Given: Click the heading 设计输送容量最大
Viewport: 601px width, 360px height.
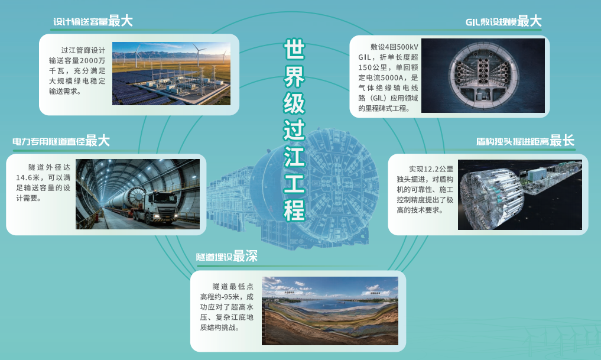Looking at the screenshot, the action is click(x=93, y=21).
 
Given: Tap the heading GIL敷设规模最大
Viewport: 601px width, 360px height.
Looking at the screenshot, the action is click(x=503, y=21).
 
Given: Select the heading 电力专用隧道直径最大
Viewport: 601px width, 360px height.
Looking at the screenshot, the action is click(x=61, y=141).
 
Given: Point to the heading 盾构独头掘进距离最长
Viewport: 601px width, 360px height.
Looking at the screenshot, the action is click(x=525, y=141).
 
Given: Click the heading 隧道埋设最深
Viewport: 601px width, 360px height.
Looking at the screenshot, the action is click(x=226, y=256).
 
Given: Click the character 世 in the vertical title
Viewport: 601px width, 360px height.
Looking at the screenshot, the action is click(x=294, y=48).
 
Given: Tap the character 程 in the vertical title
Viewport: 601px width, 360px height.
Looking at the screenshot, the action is click(x=294, y=210).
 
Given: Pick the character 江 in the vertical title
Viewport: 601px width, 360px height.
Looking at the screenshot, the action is click(x=294, y=156).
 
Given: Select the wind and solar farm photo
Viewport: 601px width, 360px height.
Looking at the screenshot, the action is click(x=171, y=74).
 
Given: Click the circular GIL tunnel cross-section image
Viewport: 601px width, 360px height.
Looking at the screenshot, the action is click(x=483, y=76).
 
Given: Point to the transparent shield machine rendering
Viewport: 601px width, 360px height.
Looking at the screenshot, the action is click(x=520, y=194).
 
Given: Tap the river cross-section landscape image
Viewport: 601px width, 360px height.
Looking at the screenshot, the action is click(x=330, y=311).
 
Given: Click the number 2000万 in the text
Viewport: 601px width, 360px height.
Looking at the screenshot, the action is click(x=92, y=60).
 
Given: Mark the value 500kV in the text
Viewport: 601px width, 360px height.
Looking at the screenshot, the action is click(x=407, y=47).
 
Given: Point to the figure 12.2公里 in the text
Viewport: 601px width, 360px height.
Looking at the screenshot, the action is click(x=437, y=169).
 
